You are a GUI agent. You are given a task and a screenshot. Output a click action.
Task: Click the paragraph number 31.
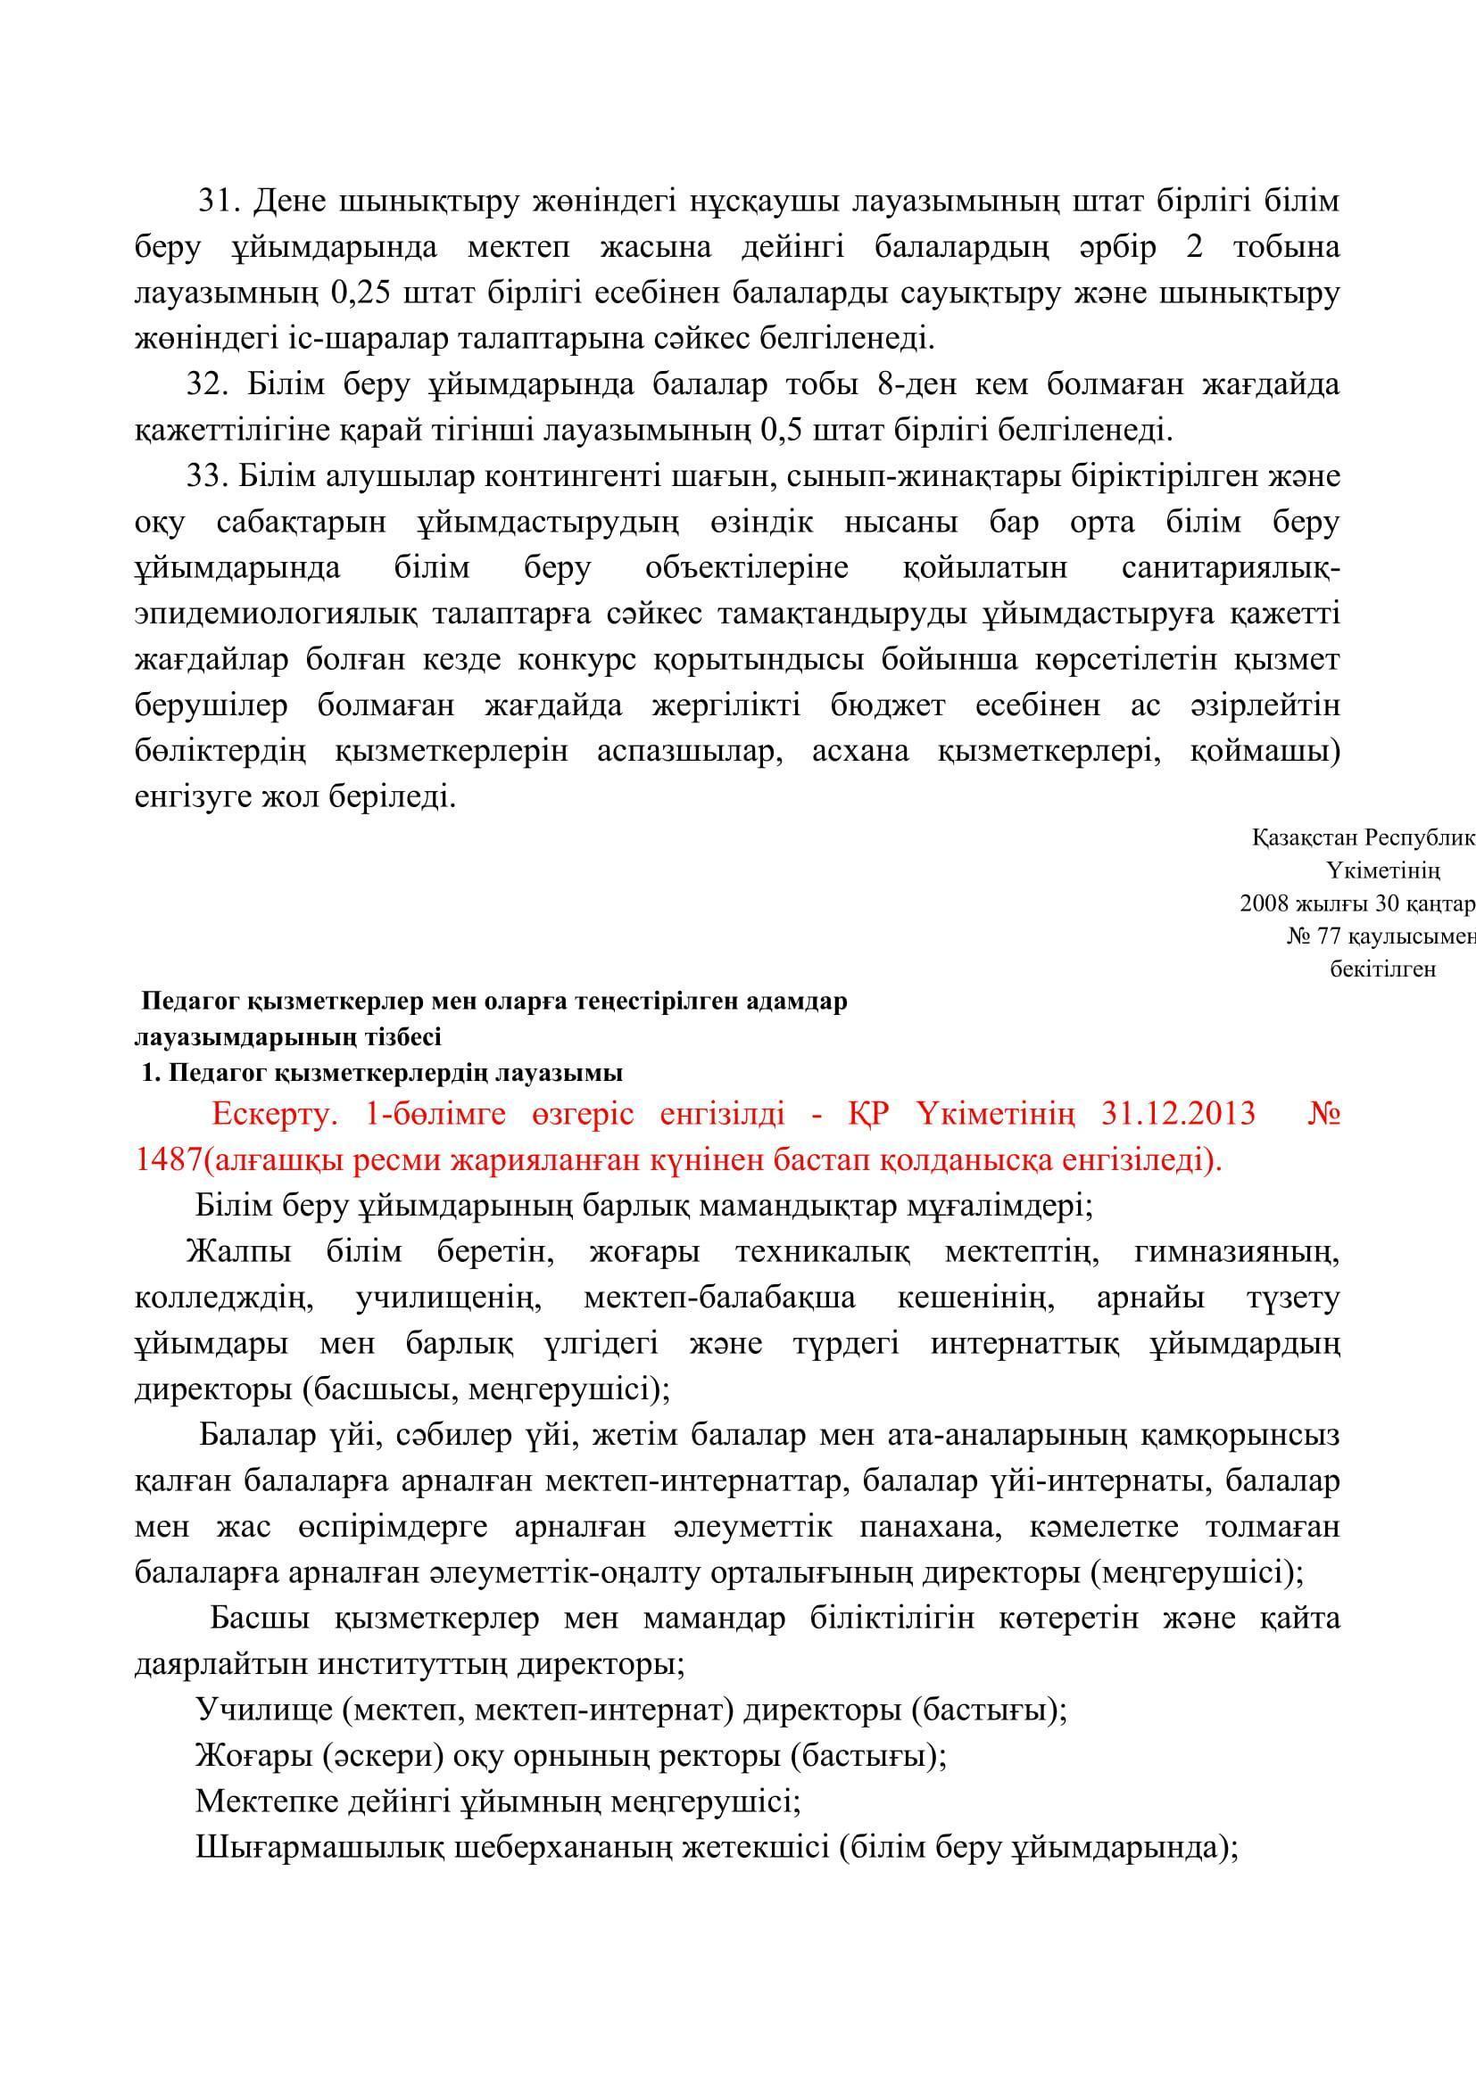[218, 201]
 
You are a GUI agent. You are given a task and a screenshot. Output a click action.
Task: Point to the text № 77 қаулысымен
[1380, 936]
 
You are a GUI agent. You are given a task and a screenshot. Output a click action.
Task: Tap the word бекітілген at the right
[1382, 969]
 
